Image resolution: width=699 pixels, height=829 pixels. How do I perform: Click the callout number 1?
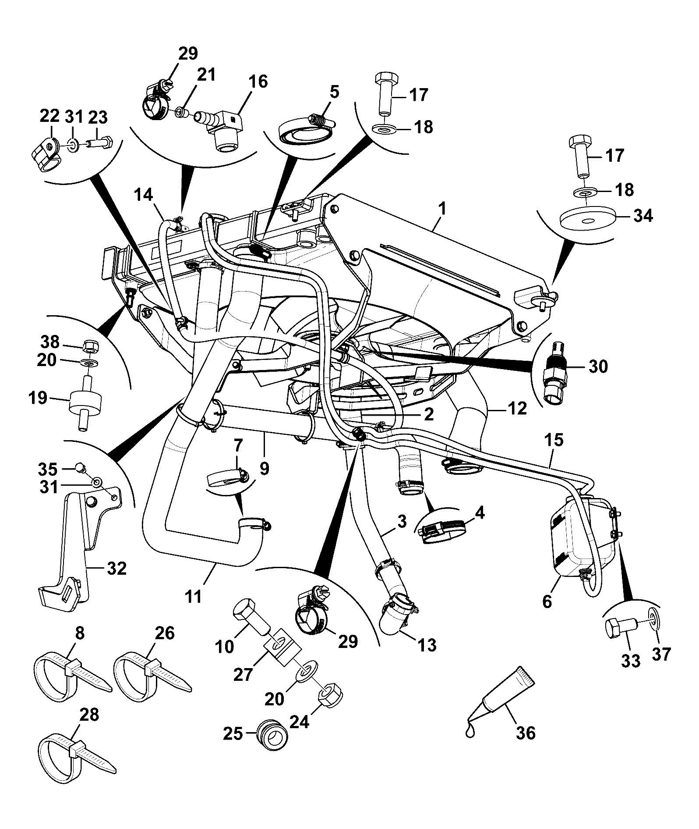pos(443,208)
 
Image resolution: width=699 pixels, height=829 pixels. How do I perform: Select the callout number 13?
pos(427,645)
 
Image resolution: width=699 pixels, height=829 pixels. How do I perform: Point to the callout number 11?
pos(193,597)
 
